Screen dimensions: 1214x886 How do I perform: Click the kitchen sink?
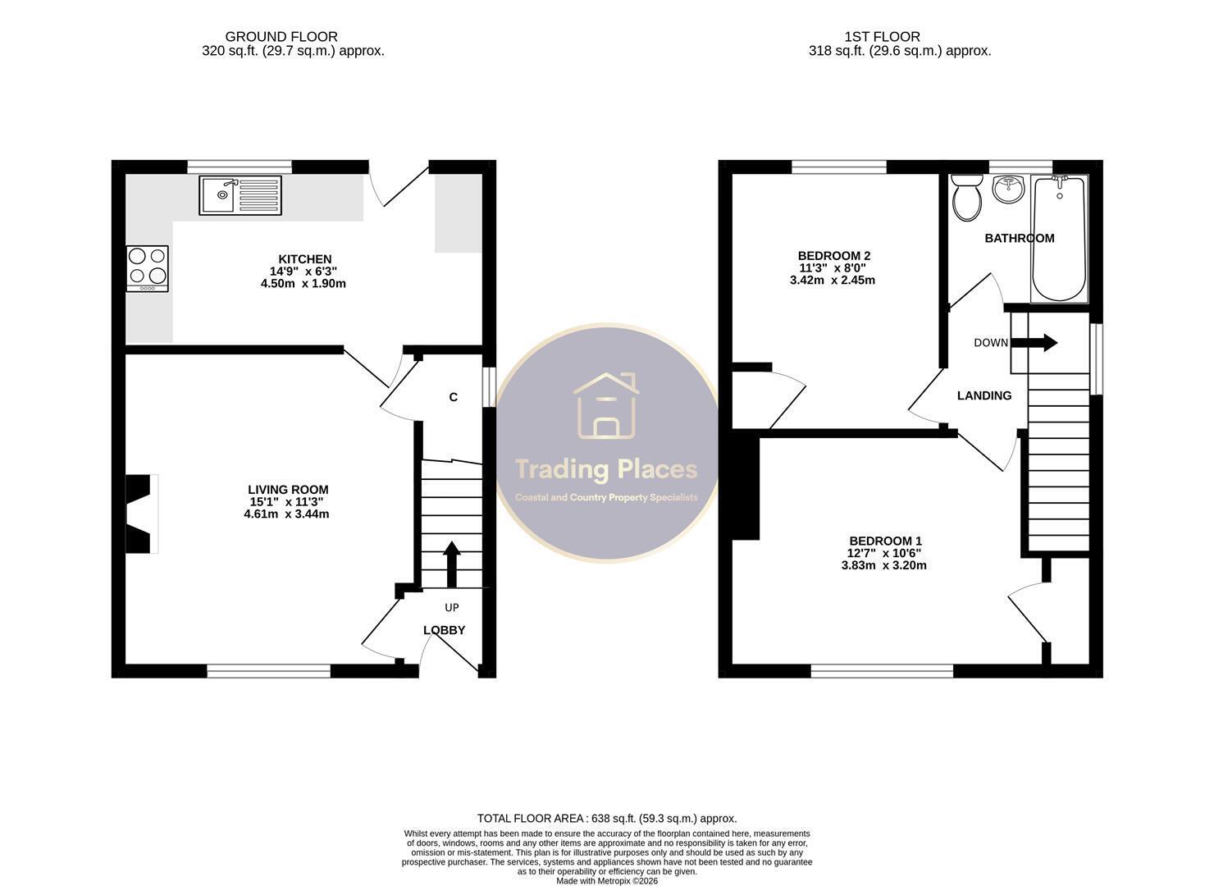point(240,195)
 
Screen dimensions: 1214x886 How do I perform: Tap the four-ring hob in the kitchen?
point(148,269)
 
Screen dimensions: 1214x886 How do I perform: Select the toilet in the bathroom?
point(967,198)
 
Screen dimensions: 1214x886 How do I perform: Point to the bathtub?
point(1059,239)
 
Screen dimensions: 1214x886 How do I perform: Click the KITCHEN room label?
point(304,259)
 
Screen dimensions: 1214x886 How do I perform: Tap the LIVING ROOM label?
point(289,490)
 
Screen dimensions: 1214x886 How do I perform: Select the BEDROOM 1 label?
point(885,541)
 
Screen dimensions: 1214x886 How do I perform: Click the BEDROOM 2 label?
point(834,256)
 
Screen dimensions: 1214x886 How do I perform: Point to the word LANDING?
point(984,395)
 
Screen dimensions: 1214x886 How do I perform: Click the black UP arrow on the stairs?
point(452,564)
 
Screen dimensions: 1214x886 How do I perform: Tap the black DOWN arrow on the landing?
point(1034,342)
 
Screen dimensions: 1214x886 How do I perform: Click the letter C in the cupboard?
point(453,398)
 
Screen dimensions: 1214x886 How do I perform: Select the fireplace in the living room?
point(142,514)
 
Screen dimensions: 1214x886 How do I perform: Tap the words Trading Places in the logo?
point(606,469)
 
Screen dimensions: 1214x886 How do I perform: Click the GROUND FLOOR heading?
point(281,37)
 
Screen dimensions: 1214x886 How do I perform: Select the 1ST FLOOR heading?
point(882,37)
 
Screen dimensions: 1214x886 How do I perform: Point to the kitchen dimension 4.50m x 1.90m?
point(303,283)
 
